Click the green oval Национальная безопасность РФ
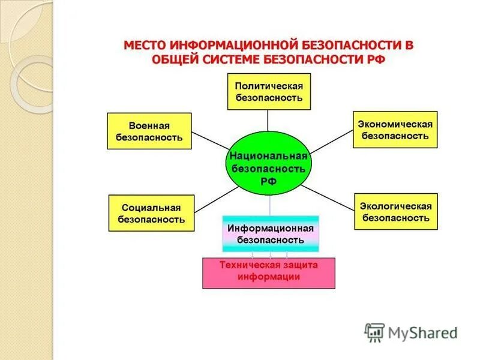tap(269, 163)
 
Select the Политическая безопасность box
tap(269, 91)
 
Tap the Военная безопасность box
tap(149, 131)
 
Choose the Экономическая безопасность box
tap(395, 130)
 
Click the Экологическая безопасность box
tap(395, 211)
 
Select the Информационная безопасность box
tap(271, 233)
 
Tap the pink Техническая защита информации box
tap(269, 272)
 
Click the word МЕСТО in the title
tap(145, 46)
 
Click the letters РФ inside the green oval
tap(269, 182)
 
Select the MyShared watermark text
tap(422, 332)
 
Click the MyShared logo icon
tap(374, 332)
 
